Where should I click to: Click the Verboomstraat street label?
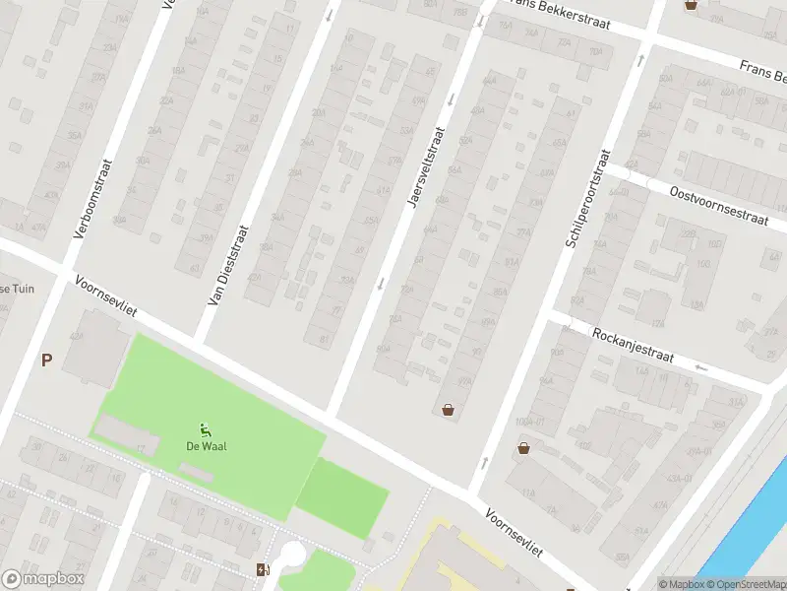click(x=94, y=199)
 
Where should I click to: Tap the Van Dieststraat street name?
click(x=228, y=263)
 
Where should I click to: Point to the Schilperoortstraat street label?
click(x=589, y=197)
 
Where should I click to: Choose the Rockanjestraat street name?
click(x=633, y=346)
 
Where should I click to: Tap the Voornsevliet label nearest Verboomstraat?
click(x=103, y=295)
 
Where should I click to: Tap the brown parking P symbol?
click(x=46, y=361)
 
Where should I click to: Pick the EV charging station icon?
click(x=262, y=569)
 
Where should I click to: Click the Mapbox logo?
click(x=42, y=579)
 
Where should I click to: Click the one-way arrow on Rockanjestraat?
click(x=701, y=368)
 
